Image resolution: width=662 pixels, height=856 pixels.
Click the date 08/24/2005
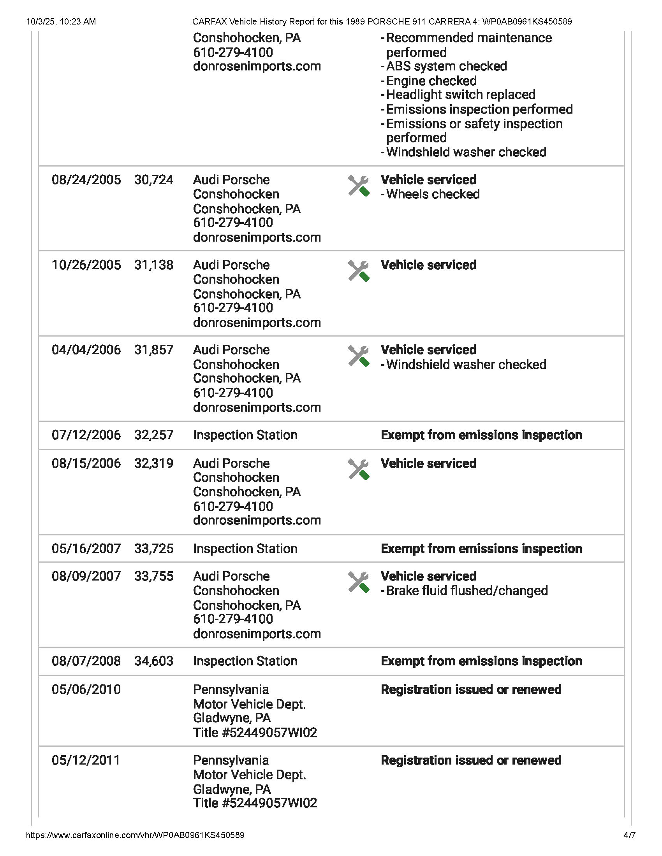coord(86,180)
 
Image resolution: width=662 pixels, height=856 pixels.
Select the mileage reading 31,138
coord(154,265)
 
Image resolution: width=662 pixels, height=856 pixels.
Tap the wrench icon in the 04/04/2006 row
coord(358,356)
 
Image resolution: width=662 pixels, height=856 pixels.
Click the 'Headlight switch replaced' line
coord(460,95)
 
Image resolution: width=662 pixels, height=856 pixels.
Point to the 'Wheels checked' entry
coord(433,194)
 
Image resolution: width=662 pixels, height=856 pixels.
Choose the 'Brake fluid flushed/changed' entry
coord(467,591)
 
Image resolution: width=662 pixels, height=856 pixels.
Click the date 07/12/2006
coord(86,435)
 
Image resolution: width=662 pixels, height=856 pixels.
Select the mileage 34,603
coord(154,661)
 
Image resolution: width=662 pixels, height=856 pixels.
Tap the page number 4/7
coord(629,835)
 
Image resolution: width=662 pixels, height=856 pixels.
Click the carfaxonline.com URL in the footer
coord(135,835)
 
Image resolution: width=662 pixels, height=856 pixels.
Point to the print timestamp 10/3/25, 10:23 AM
coord(61,21)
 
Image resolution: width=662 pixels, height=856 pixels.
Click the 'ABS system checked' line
coord(446,66)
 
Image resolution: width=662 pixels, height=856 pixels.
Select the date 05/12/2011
coord(86,760)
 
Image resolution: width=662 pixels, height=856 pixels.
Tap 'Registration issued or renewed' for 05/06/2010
coord(471,689)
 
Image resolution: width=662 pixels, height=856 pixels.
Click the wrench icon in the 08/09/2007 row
coord(358,582)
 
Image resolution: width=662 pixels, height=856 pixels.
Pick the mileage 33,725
coord(154,549)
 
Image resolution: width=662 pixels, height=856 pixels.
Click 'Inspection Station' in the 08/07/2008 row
coord(245,661)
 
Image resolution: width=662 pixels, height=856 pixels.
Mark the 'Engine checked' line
coord(431,81)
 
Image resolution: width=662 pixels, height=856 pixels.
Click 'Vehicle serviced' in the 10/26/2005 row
coord(428,265)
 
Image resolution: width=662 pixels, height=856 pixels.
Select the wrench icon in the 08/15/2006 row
coord(358,470)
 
